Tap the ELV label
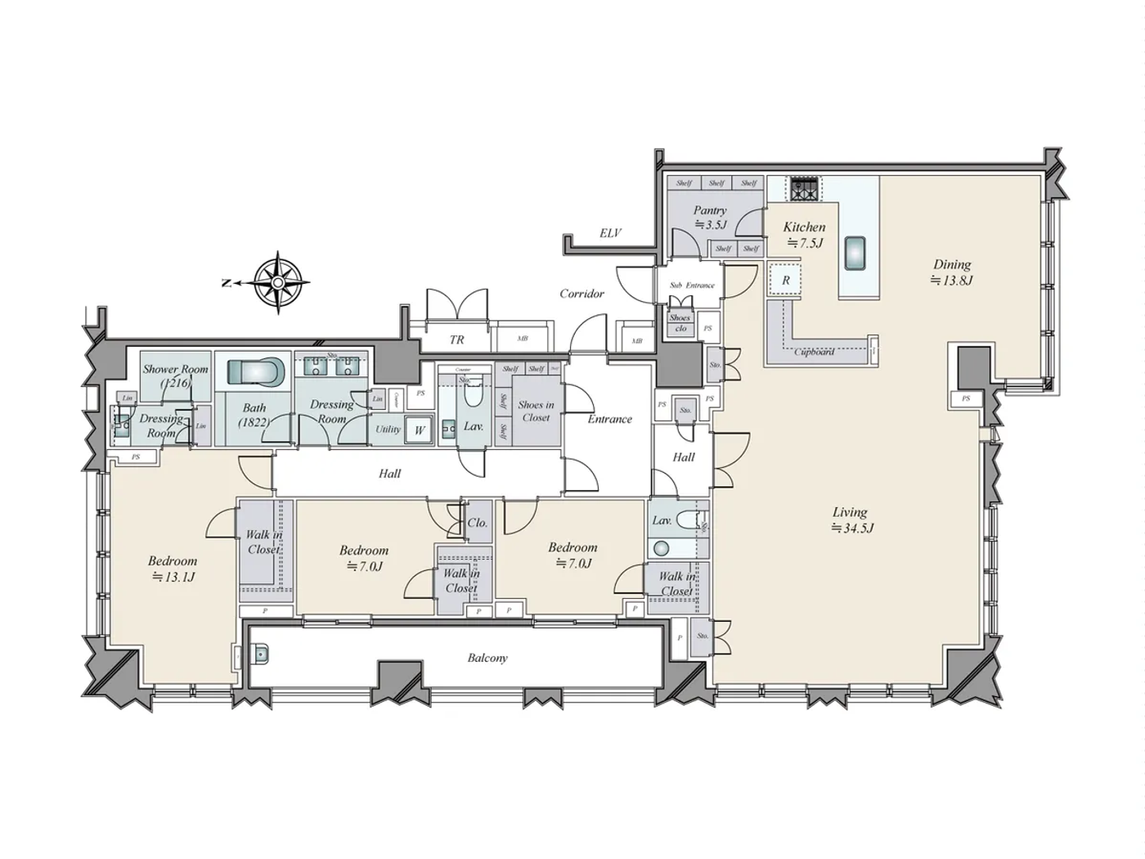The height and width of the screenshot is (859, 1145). pyautogui.click(x=610, y=233)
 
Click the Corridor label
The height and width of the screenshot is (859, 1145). pyautogui.click(x=581, y=293)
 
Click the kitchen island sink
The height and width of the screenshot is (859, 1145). pyautogui.click(x=855, y=253)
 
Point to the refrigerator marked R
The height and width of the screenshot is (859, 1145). pyautogui.click(x=785, y=280)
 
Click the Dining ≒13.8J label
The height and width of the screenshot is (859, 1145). pyautogui.click(x=952, y=272)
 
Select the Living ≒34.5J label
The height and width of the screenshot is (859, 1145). pyautogui.click(x=851, y=520)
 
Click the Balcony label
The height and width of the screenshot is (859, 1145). pyautogui.click(x=487, y=658)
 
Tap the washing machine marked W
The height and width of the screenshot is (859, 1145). pyautogui.click(x=420, y=429)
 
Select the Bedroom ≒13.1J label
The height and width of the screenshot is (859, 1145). pyautogui.click(x=173, y=569)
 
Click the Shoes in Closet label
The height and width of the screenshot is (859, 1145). pyautogui.click(x=536, y=411)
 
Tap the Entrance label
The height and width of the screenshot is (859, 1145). pyautogui.click(x=609, y=419)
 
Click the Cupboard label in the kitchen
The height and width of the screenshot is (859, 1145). pyautogui.click(x=815, y=352)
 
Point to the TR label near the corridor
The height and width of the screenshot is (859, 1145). pyautogui.click(x=456, y=340)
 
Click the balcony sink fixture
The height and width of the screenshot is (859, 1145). pyautogui.click(x=261, y=654)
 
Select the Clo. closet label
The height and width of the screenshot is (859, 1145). pyautogui.click(x=478, y=523)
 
